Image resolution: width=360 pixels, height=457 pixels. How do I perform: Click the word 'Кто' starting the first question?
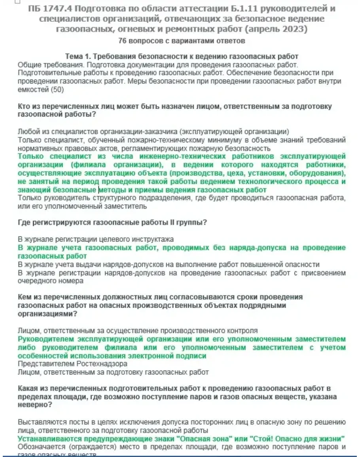pyautogui.click(x=24, y=106)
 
